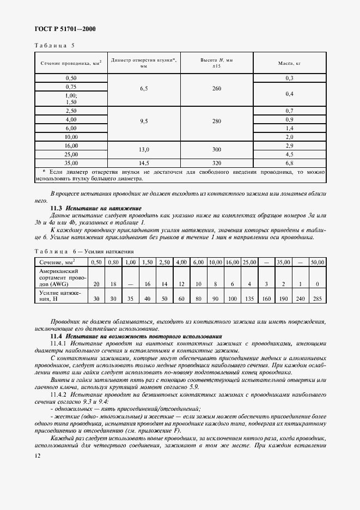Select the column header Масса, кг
click(289, 63)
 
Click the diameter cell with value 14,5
click(144, 163)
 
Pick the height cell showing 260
click(216, 88)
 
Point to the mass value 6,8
click(289, 163)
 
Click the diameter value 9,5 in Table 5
click(144, 122)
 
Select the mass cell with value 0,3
click(289, 78)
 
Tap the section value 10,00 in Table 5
click(71, 137)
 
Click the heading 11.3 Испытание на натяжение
click(96, 208)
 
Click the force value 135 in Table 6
click(249, 299)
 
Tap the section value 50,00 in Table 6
click(316, 262)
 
